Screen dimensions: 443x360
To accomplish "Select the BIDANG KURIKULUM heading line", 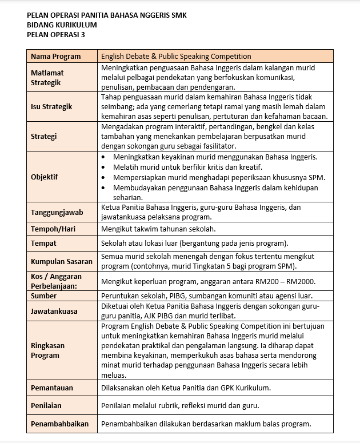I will coord(62,25).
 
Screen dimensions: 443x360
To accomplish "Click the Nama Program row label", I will coord(55,57).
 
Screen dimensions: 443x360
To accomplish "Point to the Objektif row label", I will coord(44,177).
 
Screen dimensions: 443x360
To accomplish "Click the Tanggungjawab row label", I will coord(57,212).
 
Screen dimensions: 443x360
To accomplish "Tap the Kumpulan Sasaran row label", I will coord(61,261).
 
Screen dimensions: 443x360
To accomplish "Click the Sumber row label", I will coord(43,296).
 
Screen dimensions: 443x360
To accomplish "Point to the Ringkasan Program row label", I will coord(47,350).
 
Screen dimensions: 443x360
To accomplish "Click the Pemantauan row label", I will coord(52,388).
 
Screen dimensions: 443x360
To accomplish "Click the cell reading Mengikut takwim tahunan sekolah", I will coord(158,229).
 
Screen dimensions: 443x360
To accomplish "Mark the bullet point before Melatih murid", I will coord(103,167).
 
